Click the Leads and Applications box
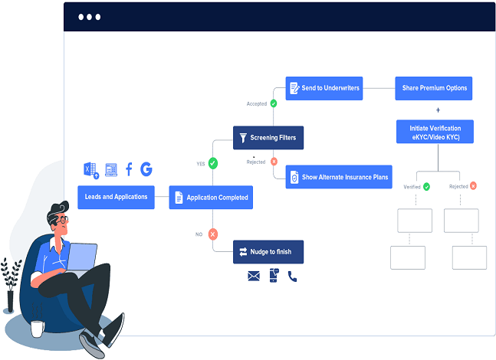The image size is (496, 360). coord(116,197)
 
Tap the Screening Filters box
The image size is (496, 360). coord(268,138)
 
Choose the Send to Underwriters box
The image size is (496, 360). coord(324,88)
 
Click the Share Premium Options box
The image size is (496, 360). coord(435,88)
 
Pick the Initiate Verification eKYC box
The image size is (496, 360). coord(435,132)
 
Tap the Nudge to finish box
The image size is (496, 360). coord(268,251)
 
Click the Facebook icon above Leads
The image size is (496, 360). coord(129,169)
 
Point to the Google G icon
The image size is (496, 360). coord(146,169)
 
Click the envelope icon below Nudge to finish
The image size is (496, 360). coord(254,277)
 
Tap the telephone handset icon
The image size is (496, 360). coord(292,277)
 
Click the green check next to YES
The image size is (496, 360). coord(213,163)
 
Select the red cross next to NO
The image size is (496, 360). coord(213,234)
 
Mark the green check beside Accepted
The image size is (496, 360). coord(274,103)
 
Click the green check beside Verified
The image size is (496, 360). coord(426,186)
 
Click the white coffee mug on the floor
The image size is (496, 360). coord(37,328)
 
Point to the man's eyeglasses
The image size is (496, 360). coord(61,220)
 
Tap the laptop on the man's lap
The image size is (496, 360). coord(82,257)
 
